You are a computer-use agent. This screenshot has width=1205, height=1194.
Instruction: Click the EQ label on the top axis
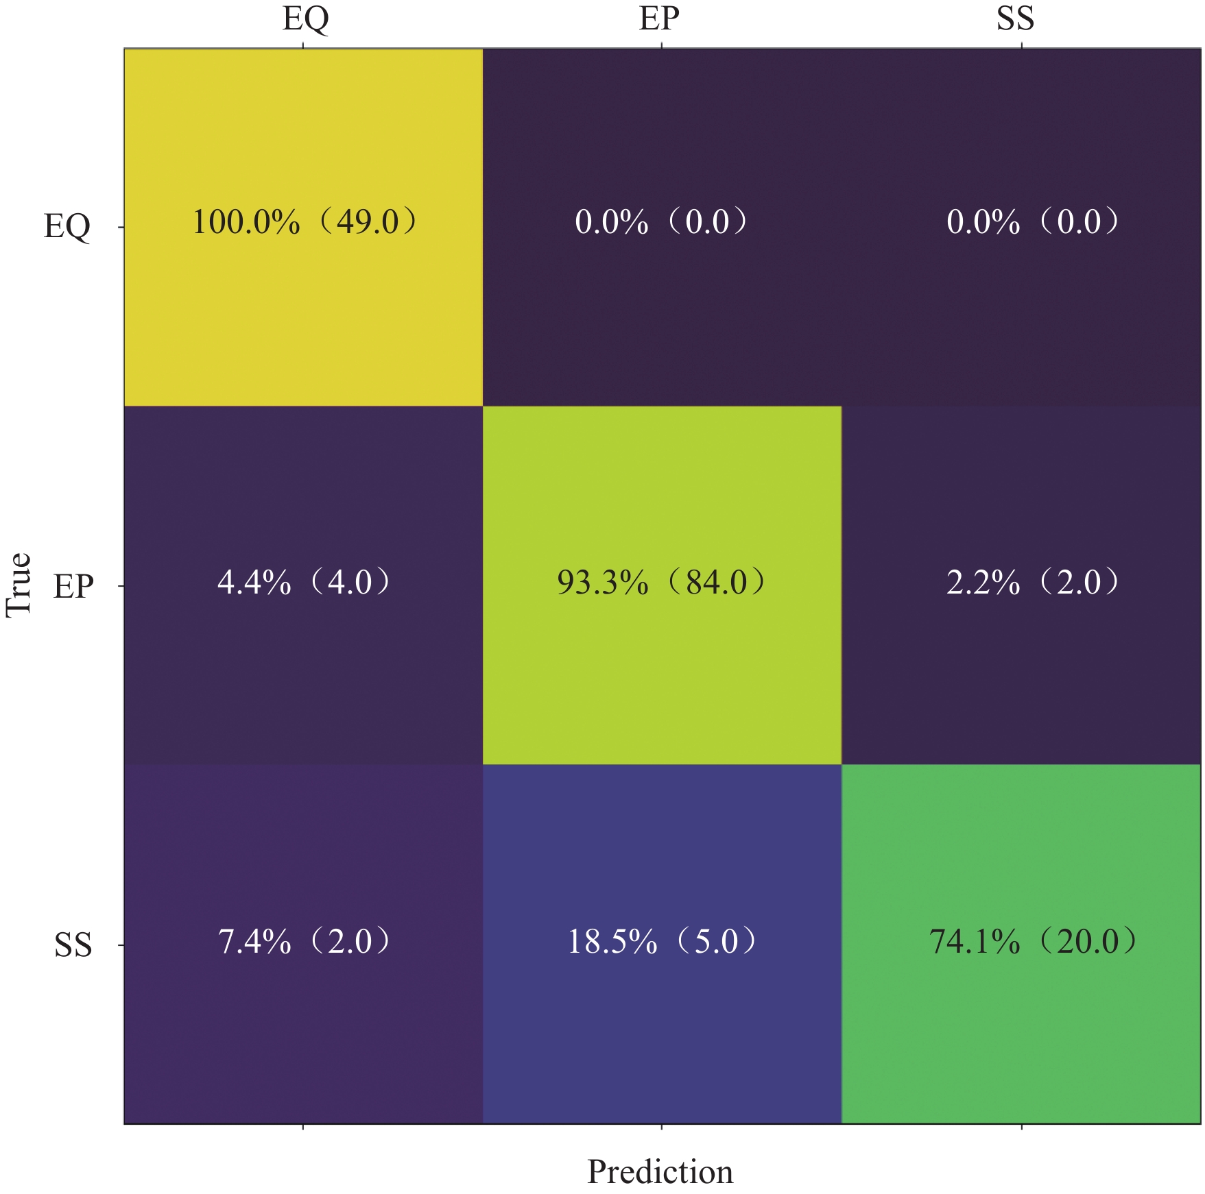pos(305,19)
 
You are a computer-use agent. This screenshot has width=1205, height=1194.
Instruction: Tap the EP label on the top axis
pos(659,19)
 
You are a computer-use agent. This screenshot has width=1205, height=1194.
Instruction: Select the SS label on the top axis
pos(1015,19)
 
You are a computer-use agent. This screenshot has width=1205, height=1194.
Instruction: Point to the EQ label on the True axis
pos(67,226)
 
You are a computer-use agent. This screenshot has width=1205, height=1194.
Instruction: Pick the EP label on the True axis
pos(73,587)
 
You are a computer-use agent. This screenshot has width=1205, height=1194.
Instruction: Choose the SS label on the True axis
pos(73,945)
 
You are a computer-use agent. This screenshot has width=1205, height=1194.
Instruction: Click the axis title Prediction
pos(660,1171)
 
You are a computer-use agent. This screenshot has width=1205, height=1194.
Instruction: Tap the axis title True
pos(19,585)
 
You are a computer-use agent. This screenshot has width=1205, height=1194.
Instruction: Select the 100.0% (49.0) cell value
pos(304,222)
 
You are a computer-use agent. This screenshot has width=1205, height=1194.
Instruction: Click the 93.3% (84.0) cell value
pos(660,583)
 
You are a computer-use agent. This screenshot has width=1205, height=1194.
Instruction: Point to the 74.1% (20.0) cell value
pos(1032,941)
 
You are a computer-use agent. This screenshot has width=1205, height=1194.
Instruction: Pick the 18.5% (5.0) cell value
pos(660,941)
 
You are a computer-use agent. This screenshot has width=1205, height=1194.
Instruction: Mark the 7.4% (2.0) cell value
pos(304,941)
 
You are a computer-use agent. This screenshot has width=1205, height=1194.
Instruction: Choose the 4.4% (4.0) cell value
pos(304,583)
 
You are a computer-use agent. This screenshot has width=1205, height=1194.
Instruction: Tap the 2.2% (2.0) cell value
pos(1032,583)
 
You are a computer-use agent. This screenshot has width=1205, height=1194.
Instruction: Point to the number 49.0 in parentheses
pos(368,222)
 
